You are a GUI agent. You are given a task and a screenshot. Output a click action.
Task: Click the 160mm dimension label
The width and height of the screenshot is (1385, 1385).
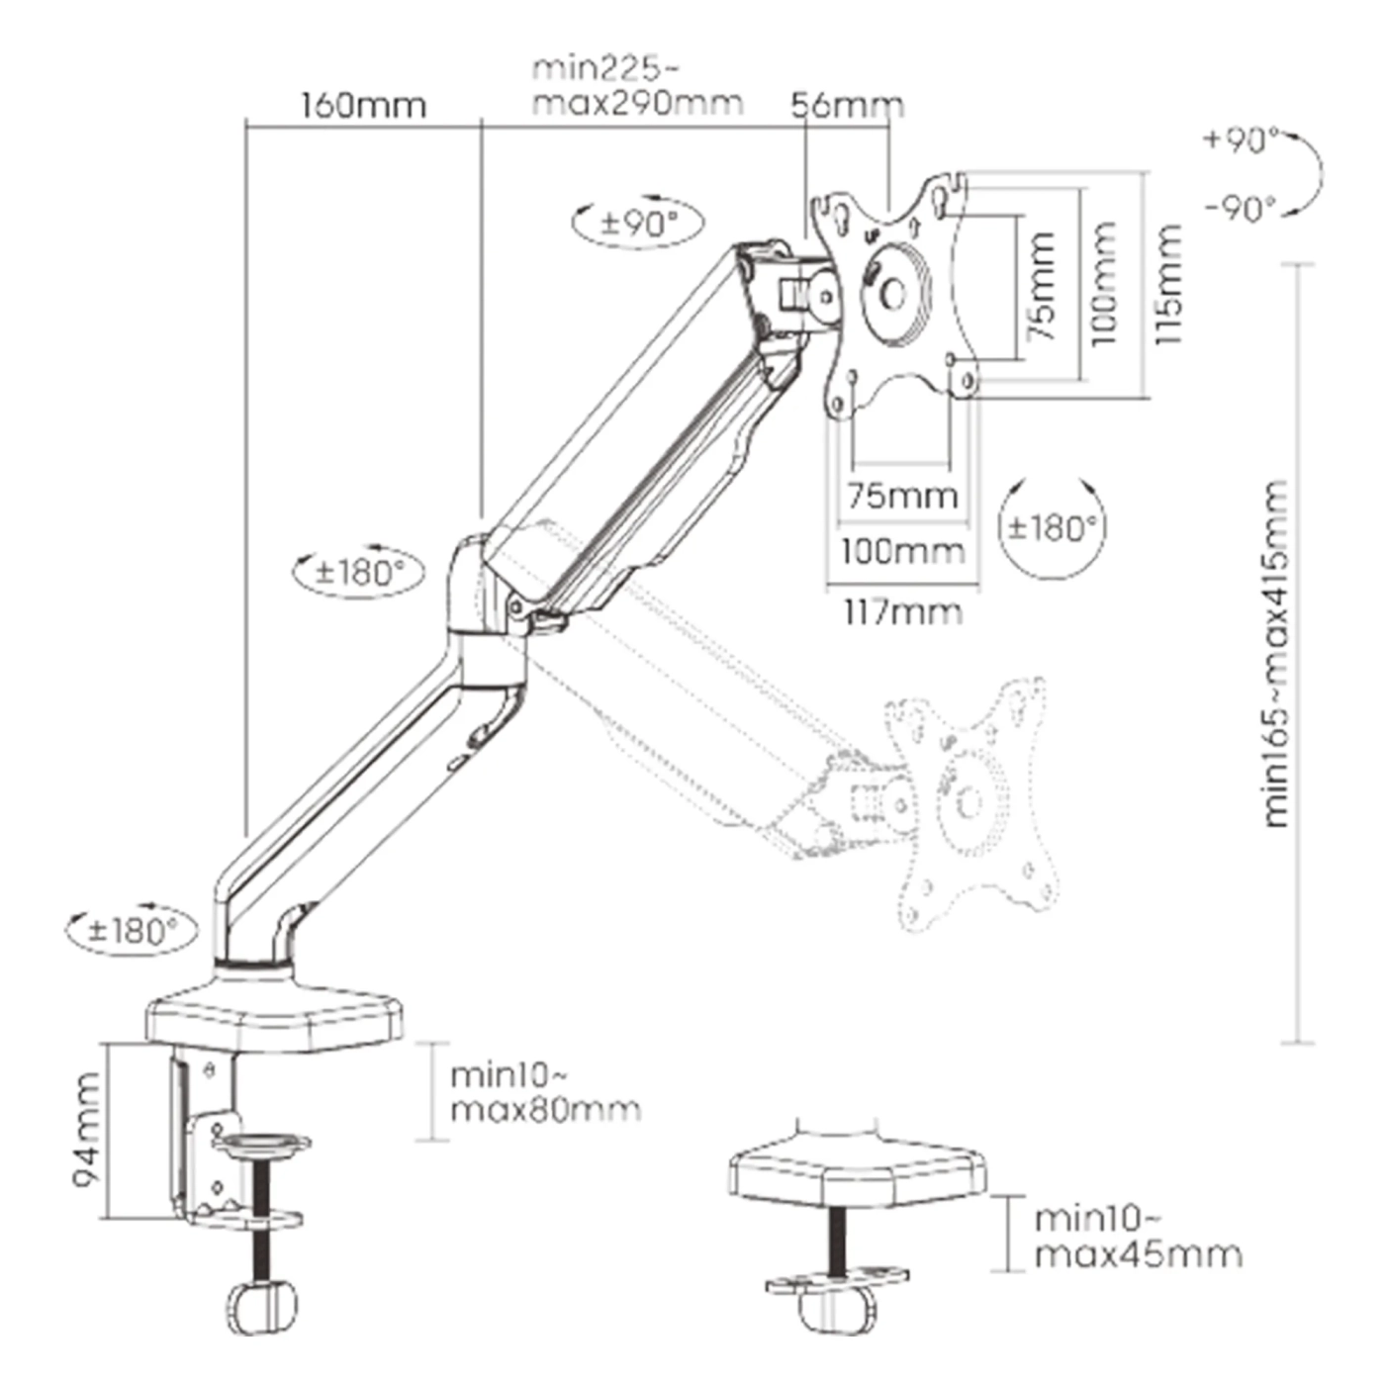tap(363, 105)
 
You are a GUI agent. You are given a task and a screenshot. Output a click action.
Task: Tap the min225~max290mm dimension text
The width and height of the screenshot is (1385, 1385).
tap(636, 85)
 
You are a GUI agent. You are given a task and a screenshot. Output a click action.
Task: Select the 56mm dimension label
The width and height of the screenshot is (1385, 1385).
tap(847, 105)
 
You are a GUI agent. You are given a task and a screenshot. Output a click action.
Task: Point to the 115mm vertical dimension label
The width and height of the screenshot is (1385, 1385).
tap(1167, 285)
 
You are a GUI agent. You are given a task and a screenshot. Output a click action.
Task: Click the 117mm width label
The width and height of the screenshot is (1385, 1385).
tap(902, 612)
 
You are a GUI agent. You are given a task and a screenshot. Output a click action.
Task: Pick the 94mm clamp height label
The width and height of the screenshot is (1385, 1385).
tap(87, 1130)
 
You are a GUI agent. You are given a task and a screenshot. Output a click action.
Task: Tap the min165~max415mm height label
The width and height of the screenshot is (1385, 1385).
tap(1276, 653)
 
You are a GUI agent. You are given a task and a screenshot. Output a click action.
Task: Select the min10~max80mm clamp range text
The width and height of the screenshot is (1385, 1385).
tap(545, 1092)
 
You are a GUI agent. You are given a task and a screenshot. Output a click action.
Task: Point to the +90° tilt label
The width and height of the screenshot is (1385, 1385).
tap(1241, 139)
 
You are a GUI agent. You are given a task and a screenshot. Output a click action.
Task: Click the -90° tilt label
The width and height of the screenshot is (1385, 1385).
tap(1241, 209)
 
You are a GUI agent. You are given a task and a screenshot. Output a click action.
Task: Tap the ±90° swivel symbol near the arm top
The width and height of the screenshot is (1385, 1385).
tap(639, 222)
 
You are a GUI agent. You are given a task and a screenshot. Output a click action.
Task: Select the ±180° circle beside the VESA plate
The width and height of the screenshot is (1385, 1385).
tap(1052, 527)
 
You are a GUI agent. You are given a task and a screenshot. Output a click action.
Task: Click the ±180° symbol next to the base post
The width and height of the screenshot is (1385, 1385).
tap(132, 931)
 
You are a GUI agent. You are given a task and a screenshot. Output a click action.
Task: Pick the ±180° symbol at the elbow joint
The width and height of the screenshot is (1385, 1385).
tap(359, 572)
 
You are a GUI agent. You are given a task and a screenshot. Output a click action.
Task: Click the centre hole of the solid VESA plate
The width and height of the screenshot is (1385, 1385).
tap(892, 294)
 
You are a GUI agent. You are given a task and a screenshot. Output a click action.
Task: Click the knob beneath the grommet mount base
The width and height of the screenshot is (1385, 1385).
tap(836, 1311)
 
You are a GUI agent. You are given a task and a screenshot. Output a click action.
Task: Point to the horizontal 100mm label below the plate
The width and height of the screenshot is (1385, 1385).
tap(902, 551)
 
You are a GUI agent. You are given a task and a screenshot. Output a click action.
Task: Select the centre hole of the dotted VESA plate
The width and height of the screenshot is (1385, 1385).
tap(967, 802)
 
